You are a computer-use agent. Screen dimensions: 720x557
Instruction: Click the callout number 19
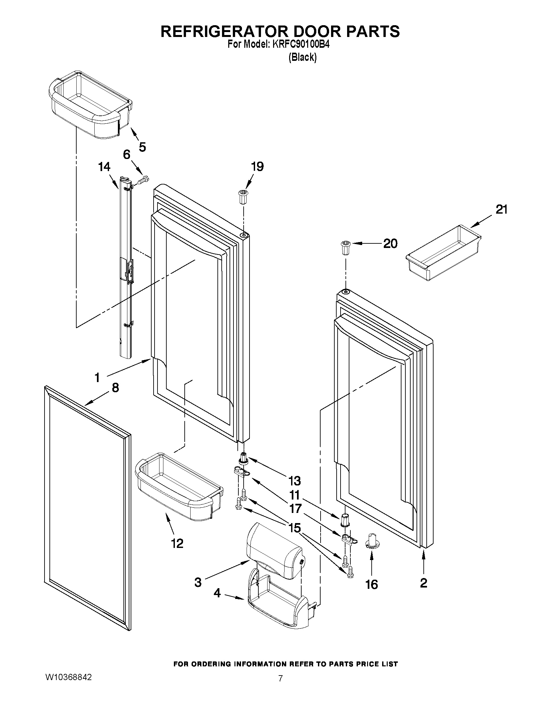point(257,167)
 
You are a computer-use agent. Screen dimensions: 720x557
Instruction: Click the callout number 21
point(501,209)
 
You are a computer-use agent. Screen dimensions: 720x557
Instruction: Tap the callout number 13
point(294,481)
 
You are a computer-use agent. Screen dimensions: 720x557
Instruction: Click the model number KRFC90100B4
point(301,44)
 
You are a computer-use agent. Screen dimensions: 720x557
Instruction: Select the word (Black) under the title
point(303,57)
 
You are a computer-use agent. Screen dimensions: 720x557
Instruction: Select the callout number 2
point(423,583)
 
